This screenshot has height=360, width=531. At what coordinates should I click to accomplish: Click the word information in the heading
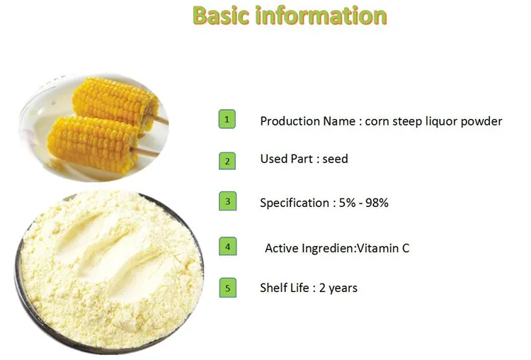coord(323,16)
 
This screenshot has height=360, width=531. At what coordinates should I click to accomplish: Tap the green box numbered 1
coord(227,120)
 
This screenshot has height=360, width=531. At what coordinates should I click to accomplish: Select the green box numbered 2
coord(227,161)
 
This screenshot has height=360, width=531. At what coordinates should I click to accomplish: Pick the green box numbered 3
coord(227,201)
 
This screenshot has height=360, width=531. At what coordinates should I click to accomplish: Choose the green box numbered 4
coord(227,247)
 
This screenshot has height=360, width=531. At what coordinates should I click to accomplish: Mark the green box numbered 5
coord(227,288)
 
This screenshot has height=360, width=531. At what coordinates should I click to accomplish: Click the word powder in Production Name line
coord(481,121)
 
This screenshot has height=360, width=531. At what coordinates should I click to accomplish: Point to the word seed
coord(335,159)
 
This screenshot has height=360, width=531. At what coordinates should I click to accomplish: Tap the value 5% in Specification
coord(343,203)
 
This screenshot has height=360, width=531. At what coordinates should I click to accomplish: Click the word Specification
coord(294,203)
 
